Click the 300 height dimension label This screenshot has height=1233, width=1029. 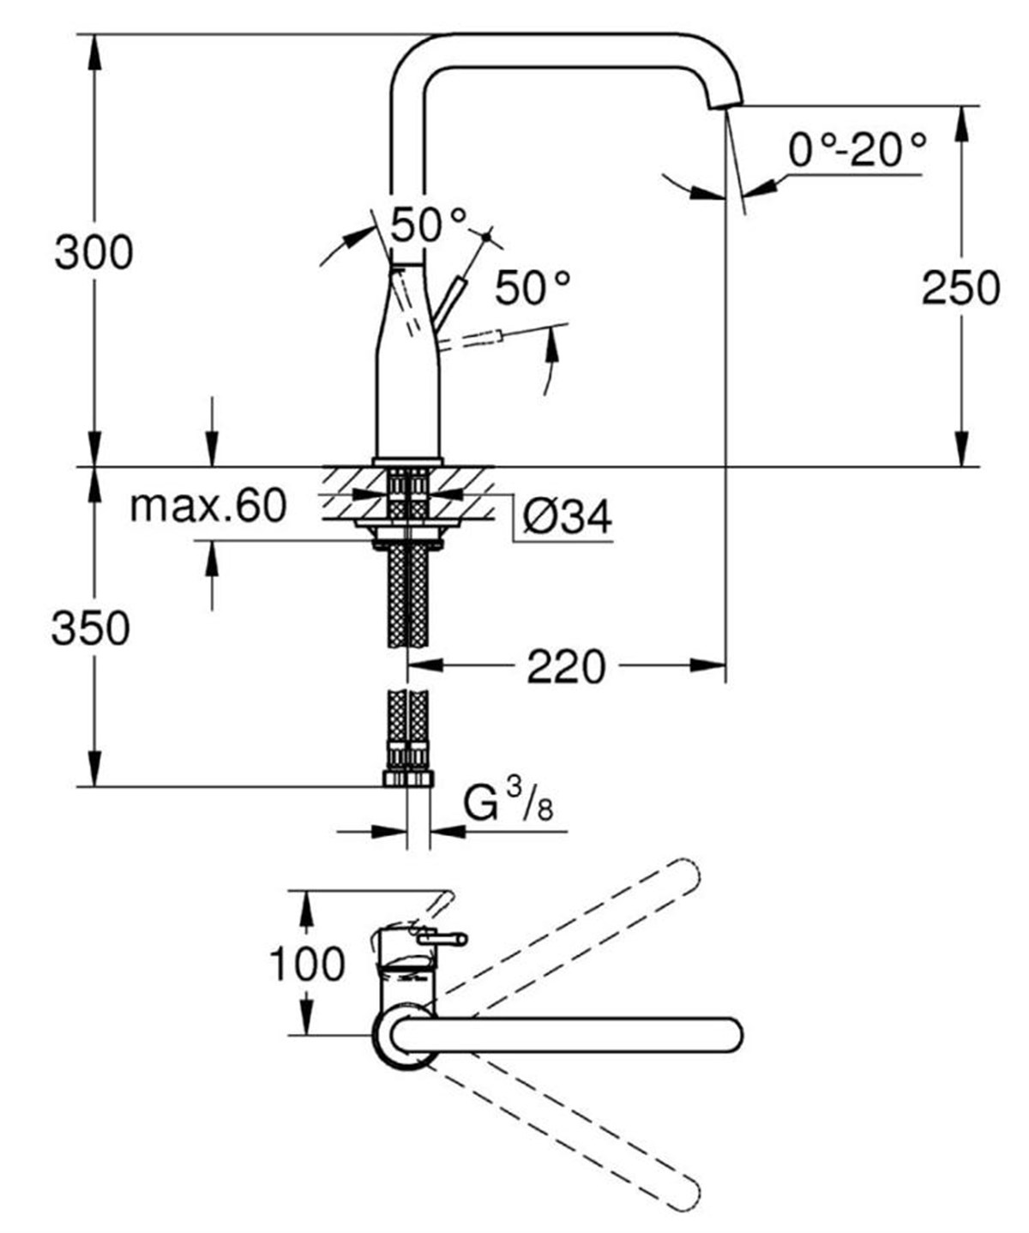point(93,253)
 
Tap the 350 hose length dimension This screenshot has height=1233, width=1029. point(91,629)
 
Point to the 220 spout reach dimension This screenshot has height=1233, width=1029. point(565,666)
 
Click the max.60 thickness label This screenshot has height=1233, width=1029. point(208,506)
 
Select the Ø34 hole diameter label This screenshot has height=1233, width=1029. point(567,517)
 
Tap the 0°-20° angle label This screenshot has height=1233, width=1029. point(857,151)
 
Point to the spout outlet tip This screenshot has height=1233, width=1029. point(725,104)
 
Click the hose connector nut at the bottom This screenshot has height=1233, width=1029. point(407,778)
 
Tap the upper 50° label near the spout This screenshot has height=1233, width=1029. point(429,226)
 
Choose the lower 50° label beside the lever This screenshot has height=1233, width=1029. point(533,288)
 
